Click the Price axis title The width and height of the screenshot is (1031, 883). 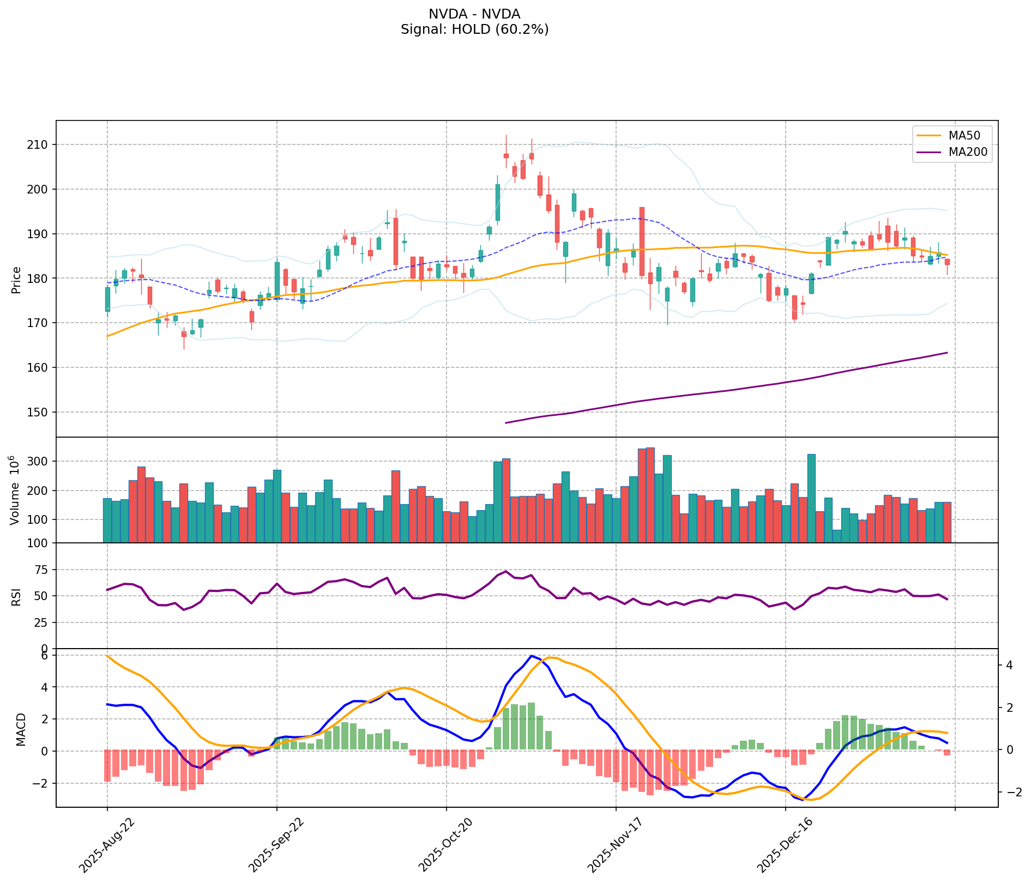(x=16, y=280)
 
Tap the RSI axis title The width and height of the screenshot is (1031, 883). (x=16, y=596)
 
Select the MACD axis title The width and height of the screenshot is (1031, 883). (x=21, y=729)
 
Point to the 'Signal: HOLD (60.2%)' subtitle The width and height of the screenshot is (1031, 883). (x=474, y=29)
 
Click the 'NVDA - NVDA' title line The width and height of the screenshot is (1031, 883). (x=474, y=14)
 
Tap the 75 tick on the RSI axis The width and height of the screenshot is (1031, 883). (x=41, y=570)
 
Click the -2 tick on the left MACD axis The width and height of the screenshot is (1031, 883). (x=41, y=783)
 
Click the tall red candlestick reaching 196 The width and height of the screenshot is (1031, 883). (x=642, y=241)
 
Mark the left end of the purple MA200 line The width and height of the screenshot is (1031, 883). (x=506, y=422)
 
